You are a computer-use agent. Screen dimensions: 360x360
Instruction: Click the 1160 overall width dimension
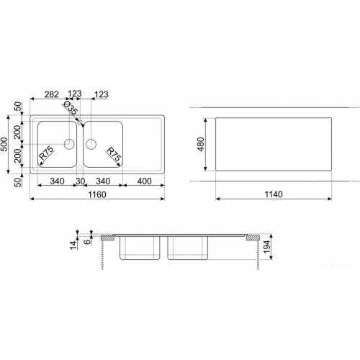click(97, 194)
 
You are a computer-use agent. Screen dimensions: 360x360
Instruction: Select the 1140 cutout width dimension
click(274, 194)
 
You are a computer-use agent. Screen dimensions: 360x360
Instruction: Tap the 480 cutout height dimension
click(201, 144)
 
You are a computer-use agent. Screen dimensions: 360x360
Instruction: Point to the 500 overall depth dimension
click(4, 144)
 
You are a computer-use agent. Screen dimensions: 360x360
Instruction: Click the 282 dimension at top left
click(52, 94)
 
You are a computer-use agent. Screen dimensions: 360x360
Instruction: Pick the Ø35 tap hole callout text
click(70, 107)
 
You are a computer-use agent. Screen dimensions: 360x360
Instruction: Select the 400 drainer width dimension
click(144, 181)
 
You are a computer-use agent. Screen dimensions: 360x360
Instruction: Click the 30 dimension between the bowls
click(80, 181)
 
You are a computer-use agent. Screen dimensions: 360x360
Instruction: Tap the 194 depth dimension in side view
click(266, 247)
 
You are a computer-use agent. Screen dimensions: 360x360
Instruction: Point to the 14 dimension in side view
click(73, 245)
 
